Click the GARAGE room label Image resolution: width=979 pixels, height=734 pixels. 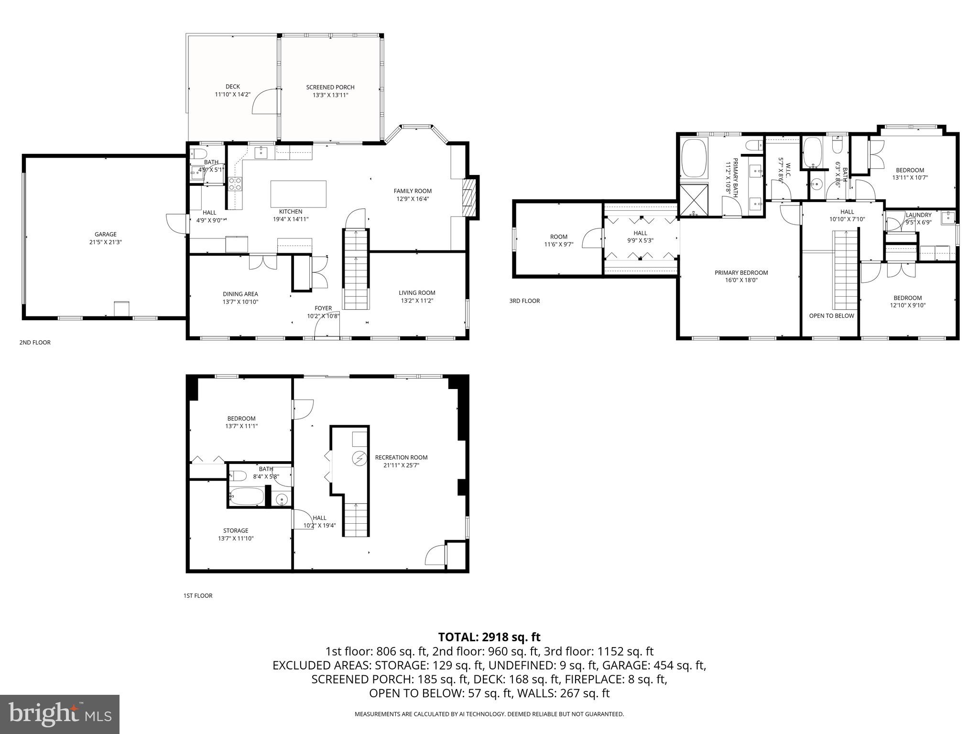(105, 234)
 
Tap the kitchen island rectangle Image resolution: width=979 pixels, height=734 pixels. (298, 194)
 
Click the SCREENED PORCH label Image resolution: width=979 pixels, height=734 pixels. (330, 87)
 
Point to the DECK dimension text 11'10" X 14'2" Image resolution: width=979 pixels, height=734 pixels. (232, 95)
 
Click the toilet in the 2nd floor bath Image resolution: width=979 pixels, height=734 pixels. (197, 153)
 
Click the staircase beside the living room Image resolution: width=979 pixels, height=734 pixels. (356, 270)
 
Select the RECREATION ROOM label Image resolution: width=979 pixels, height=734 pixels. (401, 457)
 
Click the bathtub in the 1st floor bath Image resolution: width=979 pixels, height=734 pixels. (246, 497)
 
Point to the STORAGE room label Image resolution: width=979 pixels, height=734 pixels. (236, 530)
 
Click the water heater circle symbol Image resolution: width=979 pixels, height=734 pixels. (359, 459)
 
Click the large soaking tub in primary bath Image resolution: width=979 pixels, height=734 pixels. (694, 158)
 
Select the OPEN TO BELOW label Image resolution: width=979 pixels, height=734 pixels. (831, 316)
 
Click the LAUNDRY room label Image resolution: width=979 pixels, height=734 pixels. (918, 215)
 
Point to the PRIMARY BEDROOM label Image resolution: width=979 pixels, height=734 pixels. (741, 273)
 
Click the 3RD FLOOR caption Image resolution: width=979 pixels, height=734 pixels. (524, 301)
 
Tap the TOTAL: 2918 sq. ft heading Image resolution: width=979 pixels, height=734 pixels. (489, 637)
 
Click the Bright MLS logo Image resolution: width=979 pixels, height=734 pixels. (60, 714)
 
